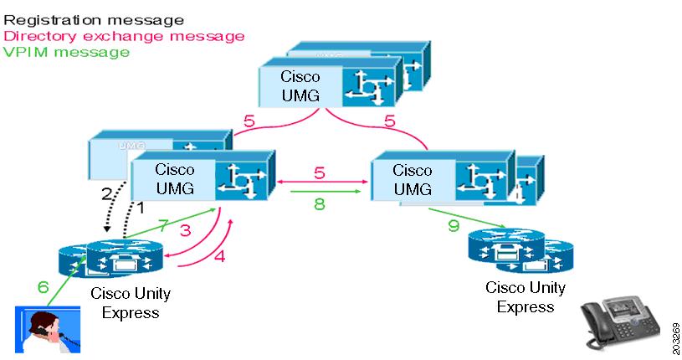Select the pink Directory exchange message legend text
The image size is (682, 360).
tap(124, 35)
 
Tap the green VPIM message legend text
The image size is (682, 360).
tap(66, 52)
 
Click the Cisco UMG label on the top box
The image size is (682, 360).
tap(300, 85)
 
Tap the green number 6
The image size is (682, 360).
tap(44, 287)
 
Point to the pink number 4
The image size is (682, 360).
tap(219, 257)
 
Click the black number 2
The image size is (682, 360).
tap(106, 194)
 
